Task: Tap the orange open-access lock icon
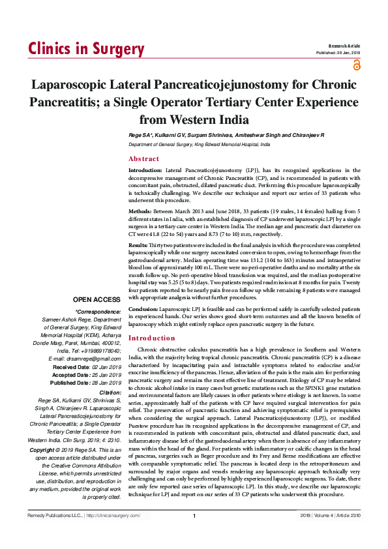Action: pos(356,65)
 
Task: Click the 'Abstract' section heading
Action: pos(143,159)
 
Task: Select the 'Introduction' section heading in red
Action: pos(155,338)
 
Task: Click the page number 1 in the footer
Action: pos(194,535)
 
